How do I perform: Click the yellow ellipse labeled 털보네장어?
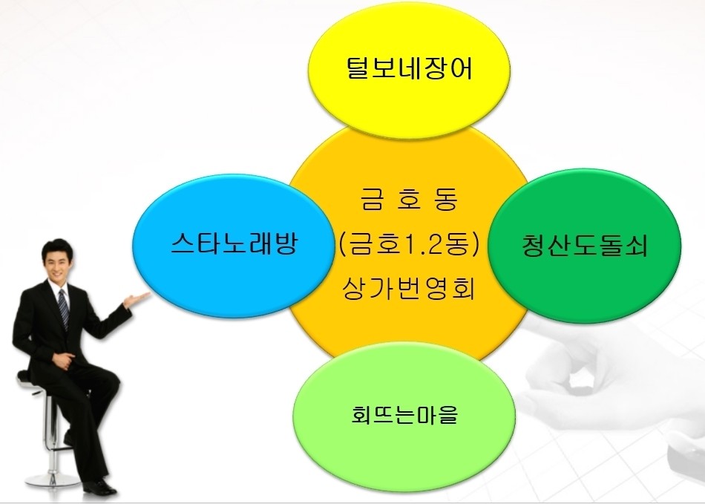click(x=409, y=69)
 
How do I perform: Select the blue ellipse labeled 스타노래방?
click(x=235, y=246)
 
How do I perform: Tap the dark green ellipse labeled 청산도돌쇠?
click(x=585, y=246)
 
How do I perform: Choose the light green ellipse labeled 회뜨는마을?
click(x=404, y=414)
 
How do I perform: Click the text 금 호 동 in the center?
click(x=409, y=199)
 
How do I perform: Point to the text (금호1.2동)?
click(x=409, y=245)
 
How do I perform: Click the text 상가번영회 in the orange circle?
click(x=409, y=288)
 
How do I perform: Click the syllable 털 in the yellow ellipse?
click(x=358, y=68)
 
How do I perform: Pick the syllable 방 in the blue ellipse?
click(x=285, y=245)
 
